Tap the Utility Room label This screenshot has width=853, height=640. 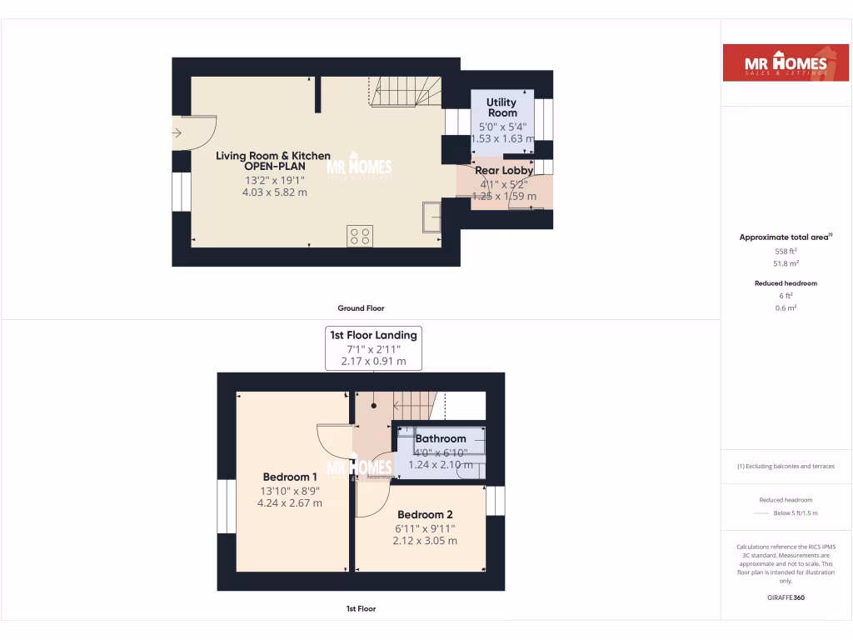(x=501, y=107)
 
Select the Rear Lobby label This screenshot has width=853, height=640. (x=504, y=170)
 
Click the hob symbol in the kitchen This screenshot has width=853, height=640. (x=360, y=236)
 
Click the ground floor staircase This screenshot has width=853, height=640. (x=404, y=91)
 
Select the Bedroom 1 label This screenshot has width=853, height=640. (x=291, y=477)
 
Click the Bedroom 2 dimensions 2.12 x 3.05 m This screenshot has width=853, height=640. (x=425, y=540)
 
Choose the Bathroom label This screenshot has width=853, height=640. (x=441, y=438)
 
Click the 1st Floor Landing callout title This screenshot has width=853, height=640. (x=374, y=335)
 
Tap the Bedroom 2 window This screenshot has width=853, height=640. (x=495, y=501)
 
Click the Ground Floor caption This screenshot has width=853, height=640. (x=361, y=308)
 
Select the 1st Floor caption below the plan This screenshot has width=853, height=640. (x=361, y=608)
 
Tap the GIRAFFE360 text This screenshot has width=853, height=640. (x=786, y=597)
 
